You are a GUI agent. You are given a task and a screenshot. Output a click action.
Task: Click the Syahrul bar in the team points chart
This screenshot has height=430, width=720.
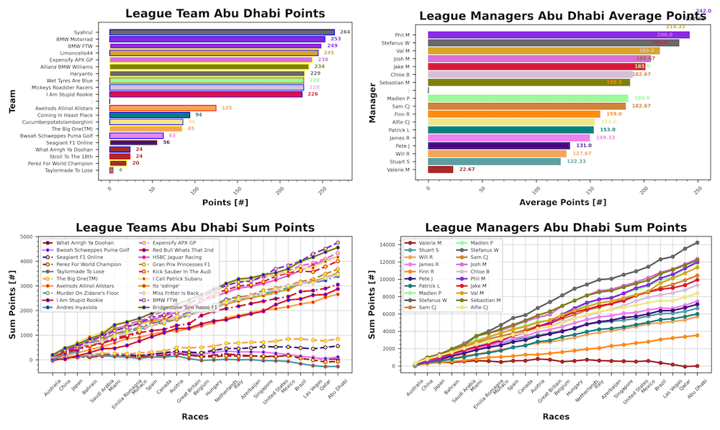(x=222, y=32)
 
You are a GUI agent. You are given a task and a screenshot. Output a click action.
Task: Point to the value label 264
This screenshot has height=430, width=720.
(x=346, y=32)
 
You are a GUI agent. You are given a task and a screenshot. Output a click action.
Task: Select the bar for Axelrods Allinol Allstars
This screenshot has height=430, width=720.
(x=163, y=108)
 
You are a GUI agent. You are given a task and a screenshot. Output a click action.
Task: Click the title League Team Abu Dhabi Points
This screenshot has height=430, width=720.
(x=225, y=13)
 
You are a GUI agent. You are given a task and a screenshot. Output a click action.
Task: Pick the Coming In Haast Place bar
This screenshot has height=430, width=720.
(x=150, y=115)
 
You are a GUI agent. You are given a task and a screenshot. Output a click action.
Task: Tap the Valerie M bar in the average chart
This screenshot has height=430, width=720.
(x=440, y=170)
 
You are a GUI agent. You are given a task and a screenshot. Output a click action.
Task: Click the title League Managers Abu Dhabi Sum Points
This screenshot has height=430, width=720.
(x=554, y=227)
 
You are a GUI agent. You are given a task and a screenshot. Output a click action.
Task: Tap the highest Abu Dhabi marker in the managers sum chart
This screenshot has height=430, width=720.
(x=696, y=242)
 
